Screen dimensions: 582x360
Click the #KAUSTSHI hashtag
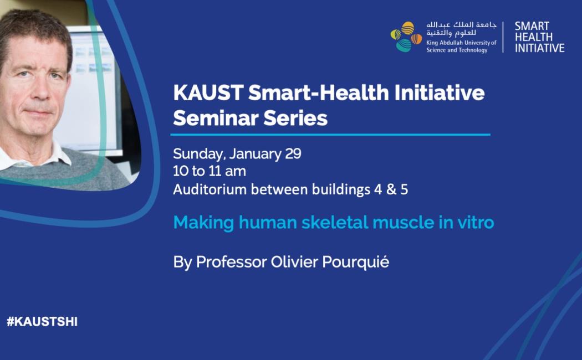[x=42, y=321]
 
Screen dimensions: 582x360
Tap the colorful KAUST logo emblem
[x=406, y=37]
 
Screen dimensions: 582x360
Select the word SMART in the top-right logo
[x=532, y=27]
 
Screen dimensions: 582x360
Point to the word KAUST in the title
[x=208, y=92]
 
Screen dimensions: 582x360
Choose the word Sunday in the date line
[x=198, y=154]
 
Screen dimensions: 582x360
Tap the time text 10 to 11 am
[x=210, y=171]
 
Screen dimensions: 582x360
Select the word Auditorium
[x=210, y=189]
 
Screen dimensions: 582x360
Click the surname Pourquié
[x=356, y=263]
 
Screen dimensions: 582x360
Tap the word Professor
[x=232, y=262]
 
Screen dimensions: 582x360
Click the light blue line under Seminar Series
[x=330, y=135]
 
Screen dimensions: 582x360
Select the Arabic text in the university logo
[x=461, y=29]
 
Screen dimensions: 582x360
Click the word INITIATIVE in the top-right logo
[x=539, y=48]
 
